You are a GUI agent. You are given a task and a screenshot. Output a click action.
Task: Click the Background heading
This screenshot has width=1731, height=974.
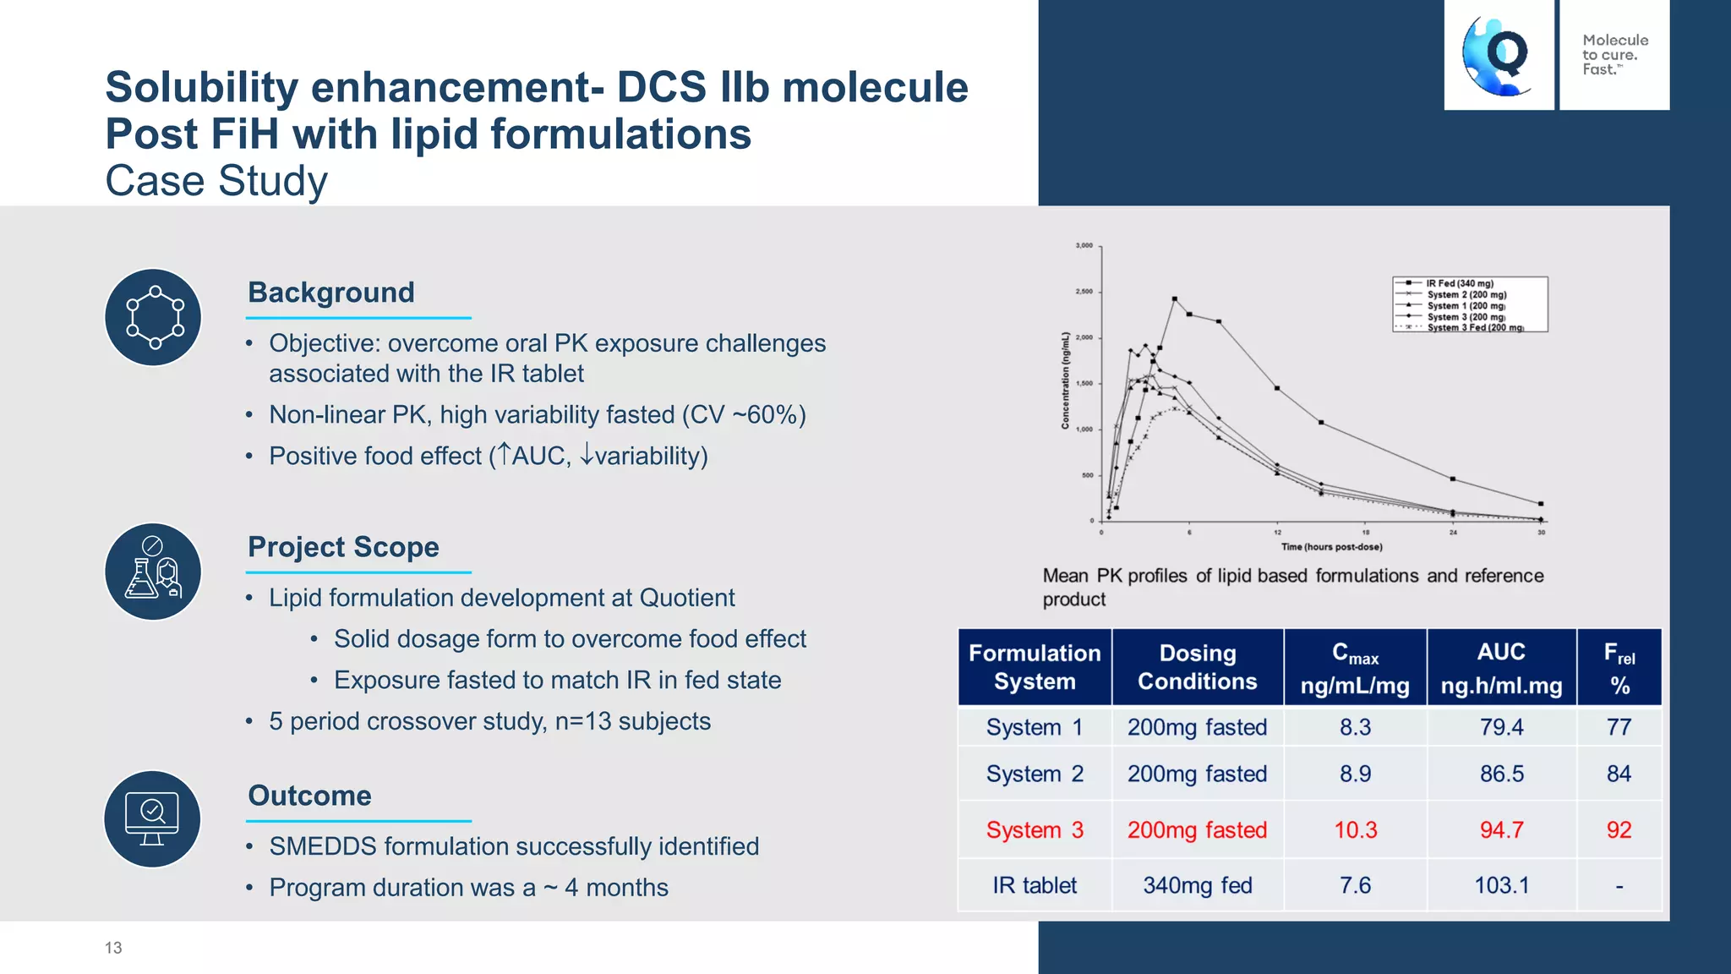click(x=330, y=293)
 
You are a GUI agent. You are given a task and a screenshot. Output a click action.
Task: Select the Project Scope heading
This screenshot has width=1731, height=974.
click(x=343, y=547)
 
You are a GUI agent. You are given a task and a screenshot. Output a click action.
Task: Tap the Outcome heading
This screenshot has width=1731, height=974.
click(x=309, y=796)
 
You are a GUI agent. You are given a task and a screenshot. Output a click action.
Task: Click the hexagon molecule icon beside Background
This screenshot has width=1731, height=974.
click(x=154, y=317)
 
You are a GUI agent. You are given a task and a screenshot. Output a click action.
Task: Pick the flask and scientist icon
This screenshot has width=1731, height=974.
click(x=154, y=572)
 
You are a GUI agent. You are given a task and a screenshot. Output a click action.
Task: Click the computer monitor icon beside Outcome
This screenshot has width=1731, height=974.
click(x=153, y=818)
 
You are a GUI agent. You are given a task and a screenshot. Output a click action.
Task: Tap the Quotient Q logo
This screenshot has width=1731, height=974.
click(x=1499, y=55)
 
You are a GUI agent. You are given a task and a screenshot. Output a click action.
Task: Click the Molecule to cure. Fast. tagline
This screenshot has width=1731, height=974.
click(x=1614, y=55)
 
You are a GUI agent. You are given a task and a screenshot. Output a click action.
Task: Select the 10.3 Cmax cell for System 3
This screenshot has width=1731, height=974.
click(x=1355, y=829)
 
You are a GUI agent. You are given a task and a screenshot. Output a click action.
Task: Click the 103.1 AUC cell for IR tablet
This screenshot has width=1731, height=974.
click(x=1501, y=885)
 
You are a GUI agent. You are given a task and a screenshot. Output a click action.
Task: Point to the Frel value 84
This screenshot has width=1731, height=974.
click(x=1619, y=774)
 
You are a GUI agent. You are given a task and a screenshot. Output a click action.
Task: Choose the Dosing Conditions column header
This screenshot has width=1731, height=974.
click(x=1197, y=667)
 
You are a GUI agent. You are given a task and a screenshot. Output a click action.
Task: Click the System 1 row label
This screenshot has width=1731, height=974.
click(x=1034, y=727)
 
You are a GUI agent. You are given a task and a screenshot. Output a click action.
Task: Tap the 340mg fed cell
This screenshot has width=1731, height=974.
click(x=1197, y=885)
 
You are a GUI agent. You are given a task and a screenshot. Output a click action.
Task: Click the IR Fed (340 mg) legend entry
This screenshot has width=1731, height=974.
click(x=1459, y=284)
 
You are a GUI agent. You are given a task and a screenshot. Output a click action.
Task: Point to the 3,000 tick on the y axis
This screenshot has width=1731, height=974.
click(x=1084, y=246)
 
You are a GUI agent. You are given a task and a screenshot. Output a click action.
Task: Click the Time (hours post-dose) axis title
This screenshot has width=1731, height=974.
click(x=1331, y=547)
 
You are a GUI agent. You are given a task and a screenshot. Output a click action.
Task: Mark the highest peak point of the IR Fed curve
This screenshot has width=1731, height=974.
click(x=1175, y=298)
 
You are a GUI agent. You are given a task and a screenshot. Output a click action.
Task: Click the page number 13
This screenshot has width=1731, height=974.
click(x=113, y=948)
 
